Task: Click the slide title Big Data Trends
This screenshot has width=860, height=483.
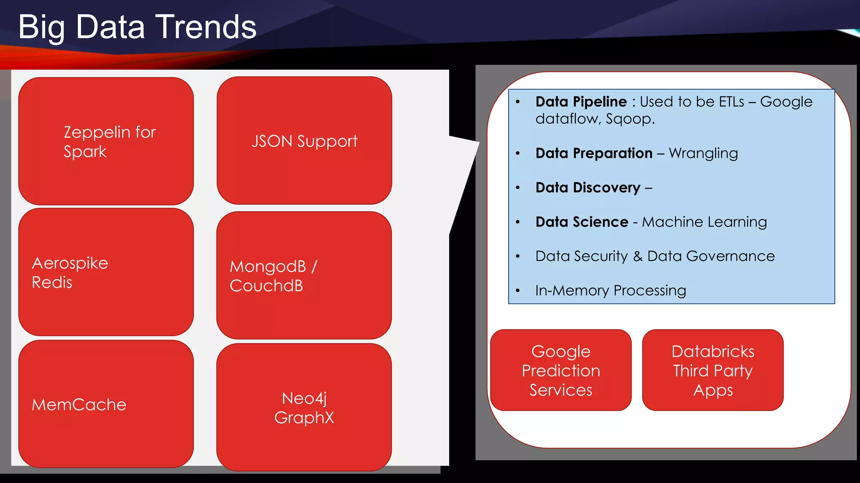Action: click(x=137, y=27)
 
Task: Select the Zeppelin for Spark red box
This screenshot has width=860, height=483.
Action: click(x=106, y=141)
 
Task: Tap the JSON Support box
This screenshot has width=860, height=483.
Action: click(x=304, y=140)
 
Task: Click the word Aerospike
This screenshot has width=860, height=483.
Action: click(x=70, y=263)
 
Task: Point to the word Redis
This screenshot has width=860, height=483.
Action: click(x=52, y=283)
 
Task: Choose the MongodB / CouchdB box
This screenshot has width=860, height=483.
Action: click(x=304, y=275)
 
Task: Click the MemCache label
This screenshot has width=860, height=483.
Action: click(x=79, y=405)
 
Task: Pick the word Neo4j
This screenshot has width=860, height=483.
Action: click(x=304, y=398)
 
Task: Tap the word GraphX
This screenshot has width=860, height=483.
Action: click(x=304, y=418)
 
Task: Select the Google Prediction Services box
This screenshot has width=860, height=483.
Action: click(x=561, y=370)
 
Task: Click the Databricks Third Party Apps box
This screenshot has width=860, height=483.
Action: click(x=713, y=370)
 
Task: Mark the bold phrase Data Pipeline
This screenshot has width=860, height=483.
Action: click(x=581, y=101)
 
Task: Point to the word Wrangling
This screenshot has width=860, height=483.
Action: click(x=703, y=153)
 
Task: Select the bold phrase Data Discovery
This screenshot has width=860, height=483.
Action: click(x=588, y=187)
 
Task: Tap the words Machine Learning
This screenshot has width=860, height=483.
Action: click(x=704, y=222)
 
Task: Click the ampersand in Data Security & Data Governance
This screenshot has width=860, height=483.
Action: click(x=638, y=256)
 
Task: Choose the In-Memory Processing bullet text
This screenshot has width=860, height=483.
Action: click(x=611, y=291)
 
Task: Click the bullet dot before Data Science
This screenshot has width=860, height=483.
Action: click(x=518, y=222)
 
